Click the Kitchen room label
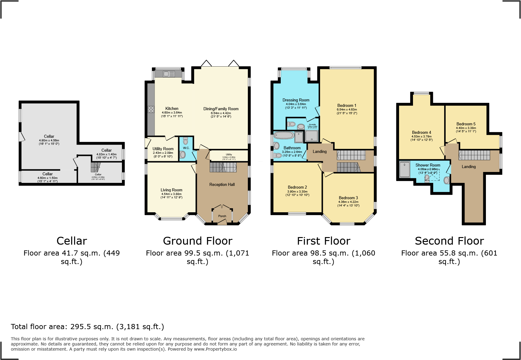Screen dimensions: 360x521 (172, 108)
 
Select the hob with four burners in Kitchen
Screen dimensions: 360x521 (151, 109)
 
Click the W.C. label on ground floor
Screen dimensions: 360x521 (186, 148)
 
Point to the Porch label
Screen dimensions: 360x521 (222, 216)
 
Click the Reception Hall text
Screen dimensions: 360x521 (222, 184)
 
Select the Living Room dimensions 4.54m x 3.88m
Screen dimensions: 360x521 (171, 194)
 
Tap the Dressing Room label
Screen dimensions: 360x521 (296, 100)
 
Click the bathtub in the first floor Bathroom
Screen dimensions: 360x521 (284, 135)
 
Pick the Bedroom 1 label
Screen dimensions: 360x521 (347, 105)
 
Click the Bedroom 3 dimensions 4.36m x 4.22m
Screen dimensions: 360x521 (348, 202)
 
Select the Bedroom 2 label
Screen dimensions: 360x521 (297, 187)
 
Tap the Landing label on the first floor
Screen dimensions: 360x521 (319, 151)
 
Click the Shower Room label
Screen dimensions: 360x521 (428, 165)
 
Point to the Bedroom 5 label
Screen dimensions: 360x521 (466, 124)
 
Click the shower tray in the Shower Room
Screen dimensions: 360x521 (405, 170)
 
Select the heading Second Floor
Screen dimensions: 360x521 (449, 241)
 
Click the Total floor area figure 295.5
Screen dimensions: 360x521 (81, 327)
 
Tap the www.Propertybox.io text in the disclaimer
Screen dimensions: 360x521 (215, 349)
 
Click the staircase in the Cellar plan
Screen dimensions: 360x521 (95, 167)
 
